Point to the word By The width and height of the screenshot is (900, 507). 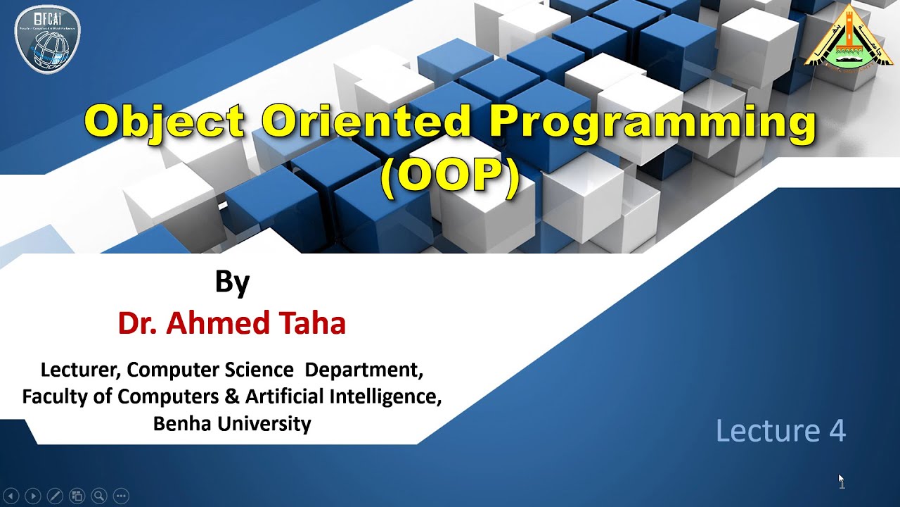[232, 282]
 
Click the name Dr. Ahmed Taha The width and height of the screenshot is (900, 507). [232, 323]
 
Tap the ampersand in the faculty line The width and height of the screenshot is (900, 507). [232, 396]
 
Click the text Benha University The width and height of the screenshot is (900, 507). [232, 423]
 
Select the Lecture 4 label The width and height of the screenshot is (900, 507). [780, 430]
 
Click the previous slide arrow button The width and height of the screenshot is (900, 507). [11, 496]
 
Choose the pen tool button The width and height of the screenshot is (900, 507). [55, 496]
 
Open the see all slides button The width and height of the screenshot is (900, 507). [77, 496]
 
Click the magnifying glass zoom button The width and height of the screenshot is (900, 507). [99, 496]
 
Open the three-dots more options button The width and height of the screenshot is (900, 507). [121, 496]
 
